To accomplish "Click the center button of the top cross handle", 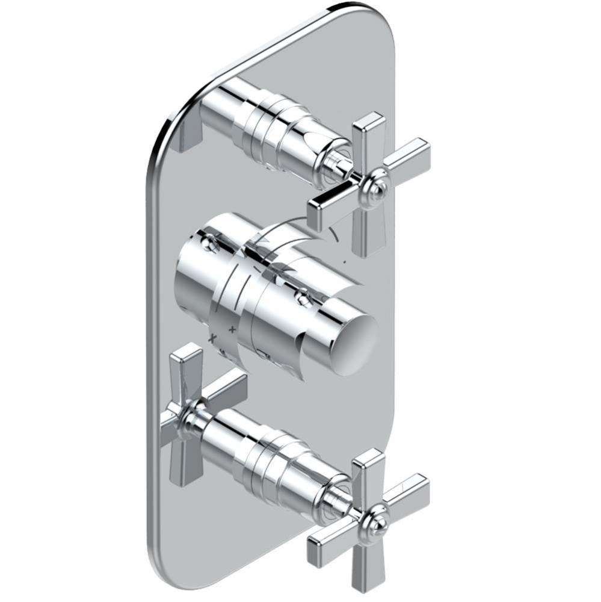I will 378,185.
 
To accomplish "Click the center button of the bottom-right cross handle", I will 377,521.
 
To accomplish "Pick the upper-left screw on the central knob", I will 208,243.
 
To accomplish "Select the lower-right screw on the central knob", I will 304,296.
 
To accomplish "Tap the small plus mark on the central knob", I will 232,329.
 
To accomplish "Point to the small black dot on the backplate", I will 344,262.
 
